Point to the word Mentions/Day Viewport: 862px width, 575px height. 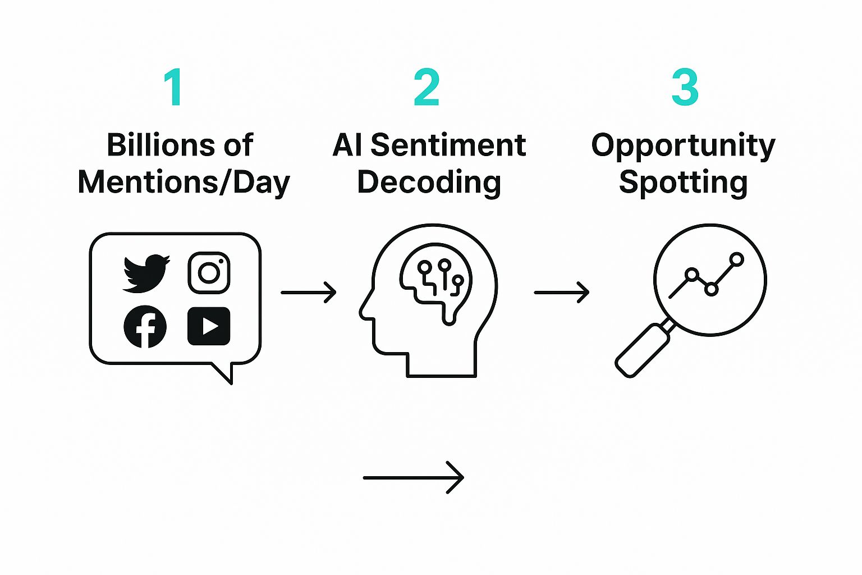(x=184, y=182)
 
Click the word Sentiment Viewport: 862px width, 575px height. (x=448, y=145)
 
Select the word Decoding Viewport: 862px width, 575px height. (x=429, y=182)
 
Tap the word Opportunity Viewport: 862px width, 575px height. (x=683, y=146)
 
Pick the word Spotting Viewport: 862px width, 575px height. (x=683, y=182)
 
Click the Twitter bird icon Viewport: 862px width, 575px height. (x=145, y=273)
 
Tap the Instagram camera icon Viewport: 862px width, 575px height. (x=209, y=273)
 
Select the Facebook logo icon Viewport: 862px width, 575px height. (x=145, y=326)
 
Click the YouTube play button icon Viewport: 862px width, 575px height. (x=209, y=326)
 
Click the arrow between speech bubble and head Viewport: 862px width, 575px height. (x=308, y=293)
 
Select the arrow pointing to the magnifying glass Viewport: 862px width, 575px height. (x=561, y=293)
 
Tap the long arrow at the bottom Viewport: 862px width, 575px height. (x=414, y=477)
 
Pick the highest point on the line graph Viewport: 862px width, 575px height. (x=737, y=259)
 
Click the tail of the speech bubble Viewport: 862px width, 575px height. (x=224, y=373)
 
